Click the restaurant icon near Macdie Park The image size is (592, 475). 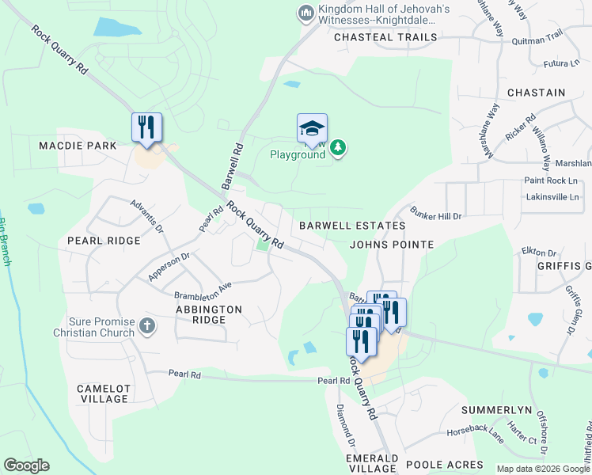[146, 127]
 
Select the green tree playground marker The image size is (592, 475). [338, 147]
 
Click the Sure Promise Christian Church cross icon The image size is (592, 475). [146, 325]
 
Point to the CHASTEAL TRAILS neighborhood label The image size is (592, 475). [385, 37]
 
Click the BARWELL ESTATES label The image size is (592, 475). [352, 226]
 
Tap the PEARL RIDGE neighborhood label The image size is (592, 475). [104, 240]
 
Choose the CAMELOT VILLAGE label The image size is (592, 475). [103, 393]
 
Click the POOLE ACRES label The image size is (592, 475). [443, 465]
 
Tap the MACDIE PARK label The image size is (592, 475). [78, 146]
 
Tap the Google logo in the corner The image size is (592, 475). [26, 465]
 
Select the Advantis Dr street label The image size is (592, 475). [146, 215]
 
